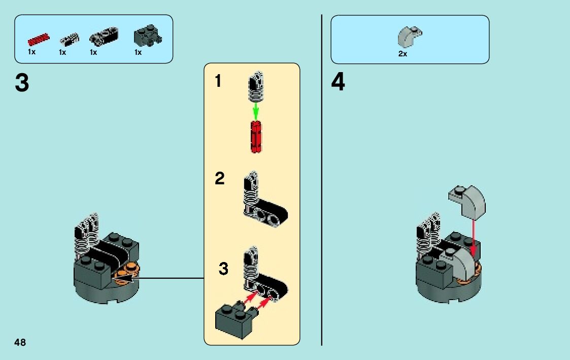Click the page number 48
[x=20, y=342]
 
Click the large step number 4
[x=338, y=83]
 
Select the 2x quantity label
[x=403, y=54]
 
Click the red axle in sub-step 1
[x=256, y=137]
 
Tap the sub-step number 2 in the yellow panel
[x=219, y=179]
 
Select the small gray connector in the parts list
[x=69, y=39]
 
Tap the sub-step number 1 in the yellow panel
[x=218, y=81]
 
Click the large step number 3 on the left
[x=22, y=83]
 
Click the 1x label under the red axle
[x=31, y=52]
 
